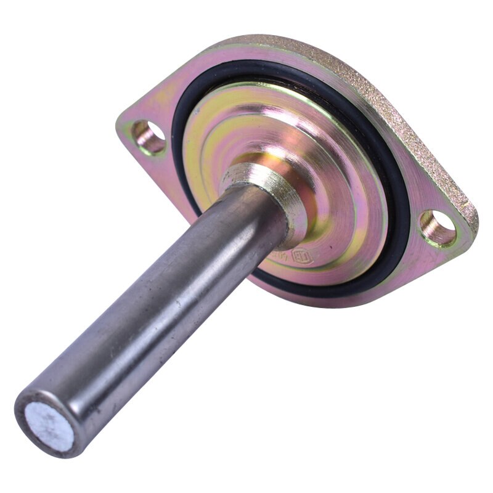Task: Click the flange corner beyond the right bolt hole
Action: [x=465, y=234]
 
